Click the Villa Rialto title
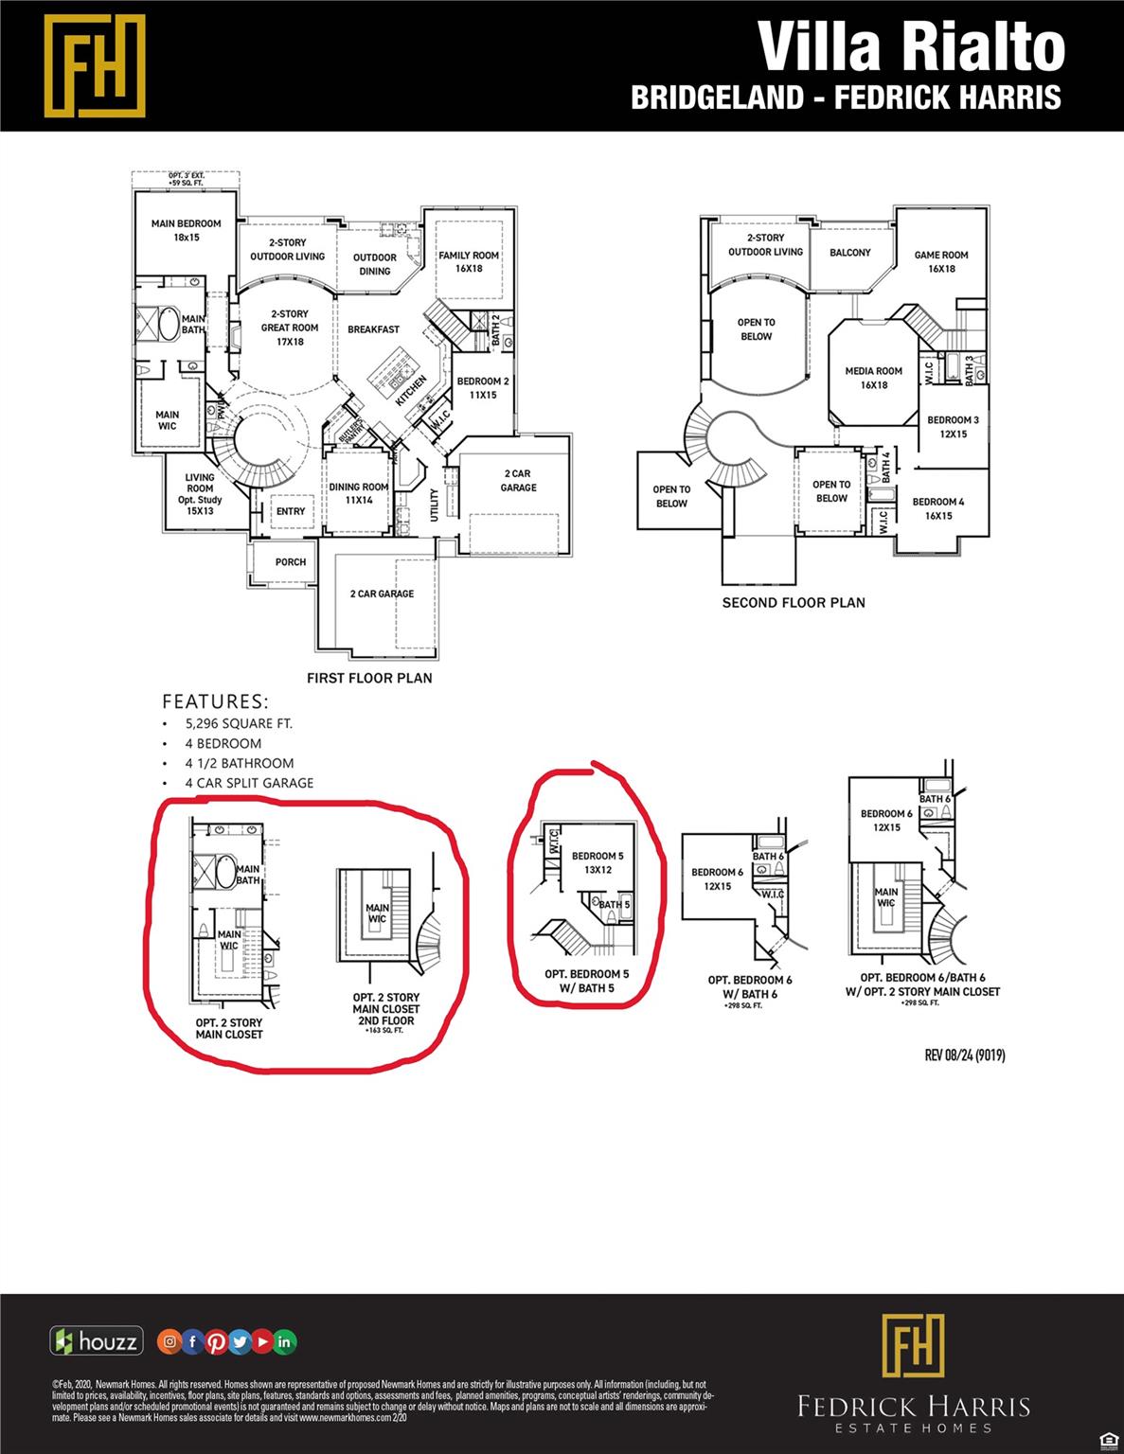[911, 47]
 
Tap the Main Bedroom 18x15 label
[187, 231]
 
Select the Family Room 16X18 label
[469, 262]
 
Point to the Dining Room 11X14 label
[359, 493]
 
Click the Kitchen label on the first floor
[412, 391]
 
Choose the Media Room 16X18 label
[874, 378]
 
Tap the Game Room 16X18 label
[941, 261]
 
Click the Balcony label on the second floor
[850, 253]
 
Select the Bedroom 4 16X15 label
[938, 508]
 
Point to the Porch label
[291, 562]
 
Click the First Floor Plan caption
[369, 678]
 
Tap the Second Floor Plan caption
[794, 602]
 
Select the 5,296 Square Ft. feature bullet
[239, 723]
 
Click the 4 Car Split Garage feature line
[249, 783]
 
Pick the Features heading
[215, 701]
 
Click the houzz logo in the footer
[97, 1341]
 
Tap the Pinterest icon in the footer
[216, 1341]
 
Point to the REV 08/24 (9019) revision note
[965, 1055]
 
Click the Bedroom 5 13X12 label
[598, 862]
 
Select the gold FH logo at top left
[95, 65]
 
